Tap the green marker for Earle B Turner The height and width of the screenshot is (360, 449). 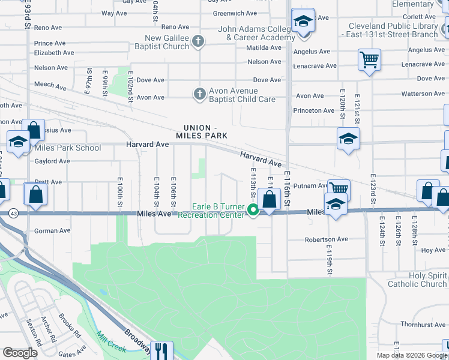pos(253,210)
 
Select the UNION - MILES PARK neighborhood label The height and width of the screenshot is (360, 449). pos(201,132)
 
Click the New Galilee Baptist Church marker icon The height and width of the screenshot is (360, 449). pos(199,42)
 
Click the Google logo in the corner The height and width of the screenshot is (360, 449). pos(20,353)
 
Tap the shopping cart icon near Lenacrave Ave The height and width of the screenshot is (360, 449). pos(369,59)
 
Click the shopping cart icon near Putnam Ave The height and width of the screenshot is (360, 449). pos(339,190)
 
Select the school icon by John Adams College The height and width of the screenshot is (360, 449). pos(303,22)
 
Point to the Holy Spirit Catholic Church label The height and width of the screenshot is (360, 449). pos(417,280)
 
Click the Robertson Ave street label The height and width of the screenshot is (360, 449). pos(326,239)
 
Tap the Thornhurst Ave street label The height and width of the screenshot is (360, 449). pos(423,325)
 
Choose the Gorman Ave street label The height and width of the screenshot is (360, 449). pos(52,231)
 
